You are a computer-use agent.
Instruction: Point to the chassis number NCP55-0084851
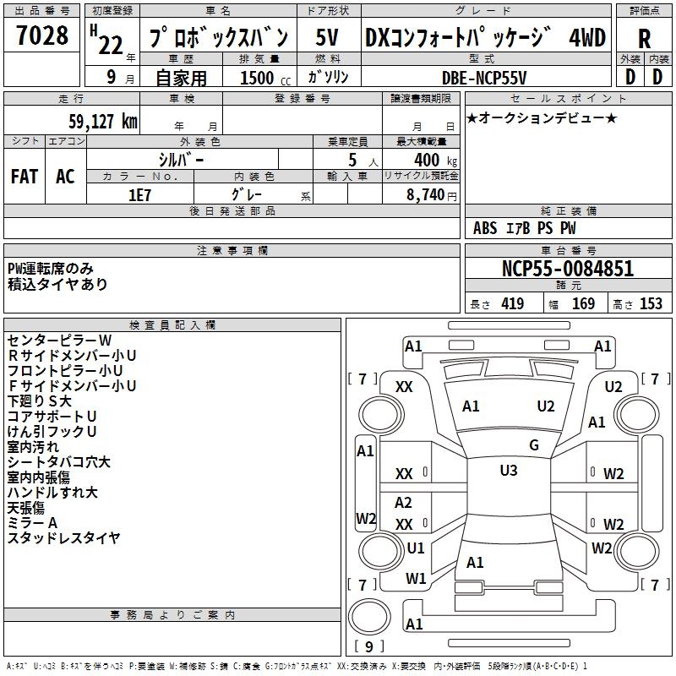568,269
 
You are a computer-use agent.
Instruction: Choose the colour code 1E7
139,194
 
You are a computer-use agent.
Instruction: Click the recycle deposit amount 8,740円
431,194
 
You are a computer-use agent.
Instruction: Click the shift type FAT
24,176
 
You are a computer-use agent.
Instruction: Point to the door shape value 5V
327,37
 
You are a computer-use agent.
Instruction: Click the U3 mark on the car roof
509,471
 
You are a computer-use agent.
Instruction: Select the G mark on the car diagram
533,444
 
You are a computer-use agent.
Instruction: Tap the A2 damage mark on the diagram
404,503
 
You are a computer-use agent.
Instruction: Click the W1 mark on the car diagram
416,578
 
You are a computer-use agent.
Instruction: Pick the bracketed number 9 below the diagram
368,647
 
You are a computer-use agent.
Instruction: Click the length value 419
511,304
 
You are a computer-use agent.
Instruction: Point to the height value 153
651,304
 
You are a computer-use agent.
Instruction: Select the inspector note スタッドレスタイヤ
63,537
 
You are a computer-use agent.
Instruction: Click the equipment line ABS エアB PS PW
525,228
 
